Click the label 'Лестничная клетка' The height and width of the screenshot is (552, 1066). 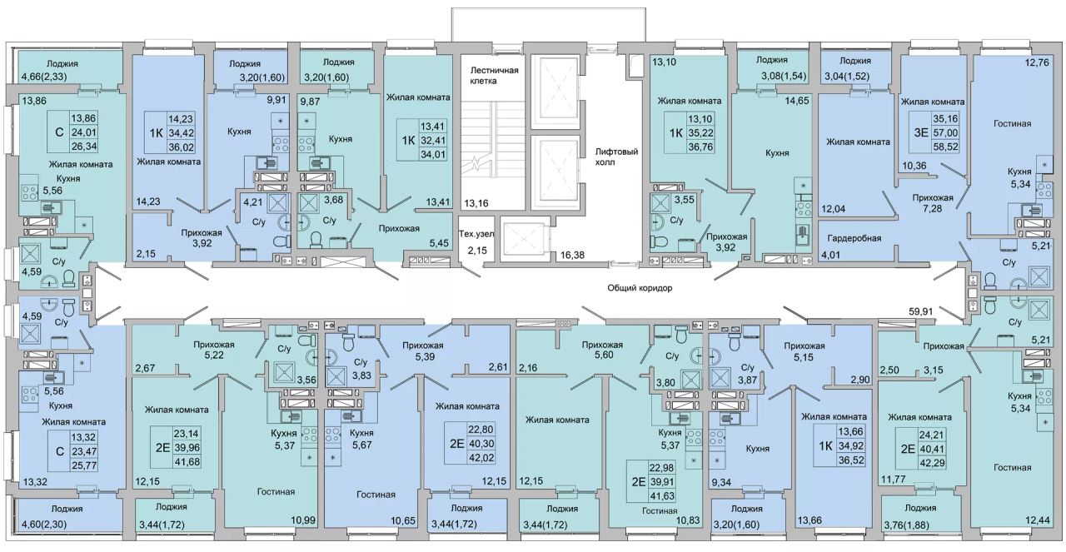point(494,76)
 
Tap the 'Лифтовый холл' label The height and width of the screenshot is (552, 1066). point(616,157)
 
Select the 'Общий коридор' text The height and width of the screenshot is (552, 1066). point(640,288)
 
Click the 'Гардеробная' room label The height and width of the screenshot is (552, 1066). point(854,238)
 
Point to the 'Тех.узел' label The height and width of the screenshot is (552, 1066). point(476,234)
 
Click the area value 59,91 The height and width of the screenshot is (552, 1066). point(921,311)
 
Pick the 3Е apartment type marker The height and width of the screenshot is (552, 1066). point(921,132)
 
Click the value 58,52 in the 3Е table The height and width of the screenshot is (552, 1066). point(945,147)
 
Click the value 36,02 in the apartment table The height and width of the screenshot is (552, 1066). point(182,147)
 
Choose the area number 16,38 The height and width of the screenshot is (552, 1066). point(572,255)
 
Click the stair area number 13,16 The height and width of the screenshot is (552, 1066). point(476,204)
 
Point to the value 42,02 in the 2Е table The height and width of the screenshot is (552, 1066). point(481,458)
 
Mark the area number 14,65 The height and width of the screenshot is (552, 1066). point(797,101)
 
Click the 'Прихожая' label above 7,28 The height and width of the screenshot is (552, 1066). point(933,197)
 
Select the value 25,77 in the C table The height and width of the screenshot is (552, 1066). point(84,465)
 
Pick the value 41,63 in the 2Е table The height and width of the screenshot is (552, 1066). point(662,496)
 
